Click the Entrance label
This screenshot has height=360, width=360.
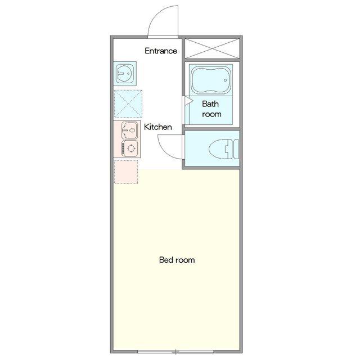click(x=161, y=51)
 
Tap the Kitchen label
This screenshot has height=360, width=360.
click(x=157, y=127)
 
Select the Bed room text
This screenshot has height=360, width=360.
click(x=177, y=260)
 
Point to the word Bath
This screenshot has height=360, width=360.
click(x=210, y=103)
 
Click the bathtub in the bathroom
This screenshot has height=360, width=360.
click(x=211, y=80)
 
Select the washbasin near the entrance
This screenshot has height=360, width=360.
click(x=125, y=74)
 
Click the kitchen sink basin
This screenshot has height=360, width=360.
click(x=129, y=130)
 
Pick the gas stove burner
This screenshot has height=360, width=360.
click(x=130, y=148)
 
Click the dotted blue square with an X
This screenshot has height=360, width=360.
click(x=128, y=103)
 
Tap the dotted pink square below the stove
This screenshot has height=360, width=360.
click(x=126, y=172)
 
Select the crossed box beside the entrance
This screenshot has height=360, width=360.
click(x=212, y=49)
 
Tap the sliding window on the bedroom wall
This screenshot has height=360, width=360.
click(x=175, y=352)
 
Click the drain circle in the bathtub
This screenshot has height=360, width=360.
click(x=225, y=80)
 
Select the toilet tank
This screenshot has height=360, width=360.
click(x=236, y=149)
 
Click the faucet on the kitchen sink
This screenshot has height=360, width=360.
click(x=125, y=130)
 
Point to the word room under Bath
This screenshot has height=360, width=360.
click(x=211, y=114)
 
